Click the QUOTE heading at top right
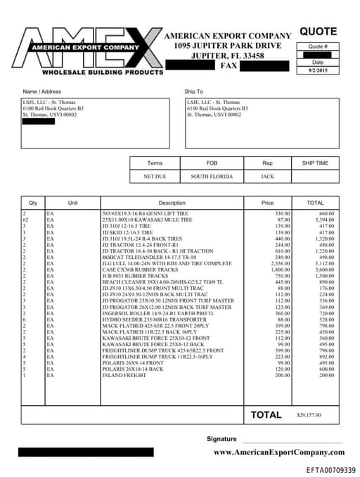point(318,32)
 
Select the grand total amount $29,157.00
point(310,416)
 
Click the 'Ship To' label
point(193,91)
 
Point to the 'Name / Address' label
point(41,91)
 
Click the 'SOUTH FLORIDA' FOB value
point(212,177)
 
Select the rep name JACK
point(267,177)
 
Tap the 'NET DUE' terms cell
point(157,177)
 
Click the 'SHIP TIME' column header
point(315,163)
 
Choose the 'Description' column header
point(172,203)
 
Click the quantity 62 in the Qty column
point(26,220)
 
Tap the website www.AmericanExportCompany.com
point(278,452)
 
